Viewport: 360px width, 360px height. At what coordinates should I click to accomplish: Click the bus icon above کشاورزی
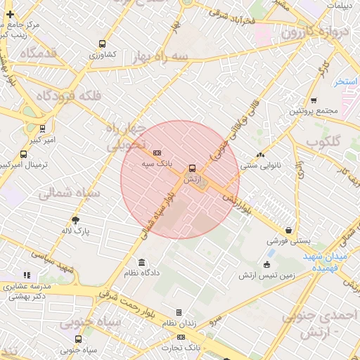point(103,43)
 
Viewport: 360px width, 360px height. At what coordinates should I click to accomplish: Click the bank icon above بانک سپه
point(157,153)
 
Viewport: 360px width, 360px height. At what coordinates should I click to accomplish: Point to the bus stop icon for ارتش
point(193,169)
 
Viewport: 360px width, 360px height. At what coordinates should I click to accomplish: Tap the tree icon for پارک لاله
point(76,220)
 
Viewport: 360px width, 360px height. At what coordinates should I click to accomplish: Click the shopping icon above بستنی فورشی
point(289,230)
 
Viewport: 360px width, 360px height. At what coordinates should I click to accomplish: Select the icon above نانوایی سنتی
point(260,155)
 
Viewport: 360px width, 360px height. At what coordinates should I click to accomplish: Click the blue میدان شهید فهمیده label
point(326,262)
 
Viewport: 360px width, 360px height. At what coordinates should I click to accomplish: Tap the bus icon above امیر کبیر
point(43,129)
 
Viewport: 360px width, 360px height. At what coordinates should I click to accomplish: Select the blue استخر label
point(347,82)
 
